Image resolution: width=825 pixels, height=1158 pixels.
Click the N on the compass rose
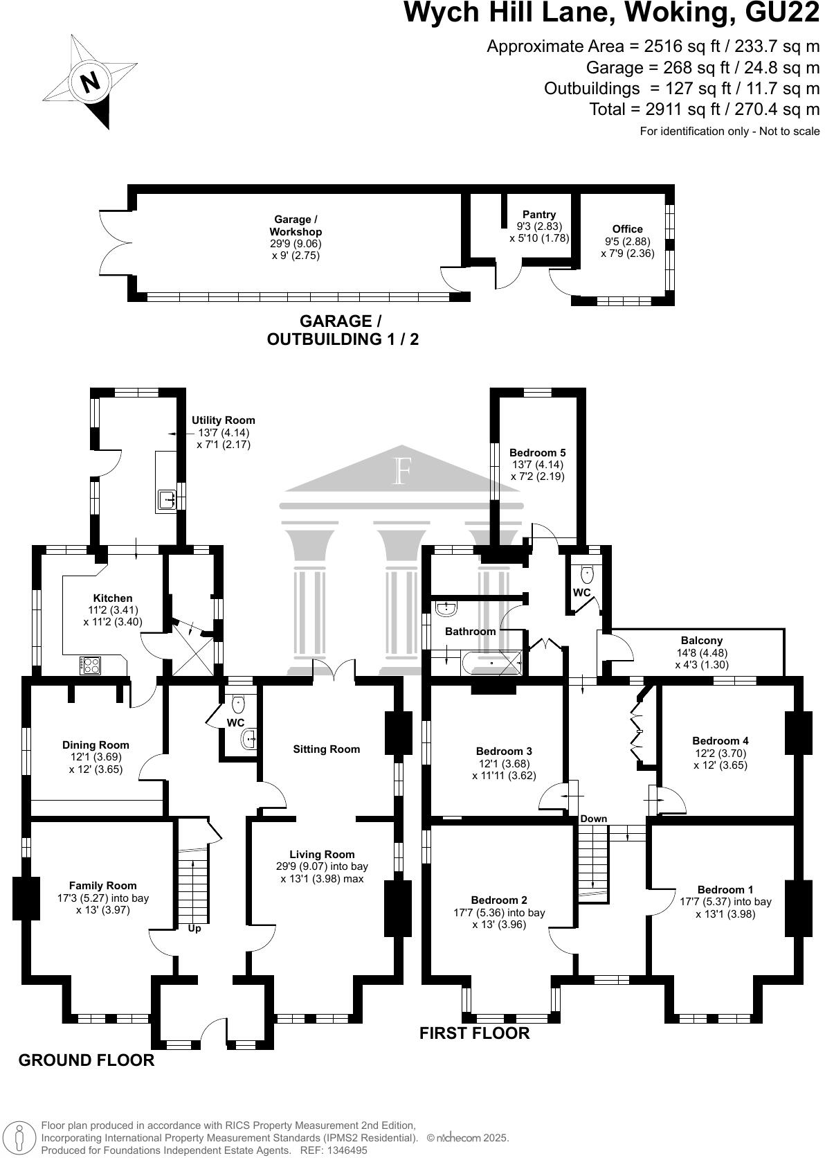pos(91,81)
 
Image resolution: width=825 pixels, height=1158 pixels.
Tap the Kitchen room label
pos(113,598)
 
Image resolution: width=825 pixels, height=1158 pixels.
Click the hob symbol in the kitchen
pos(90,665)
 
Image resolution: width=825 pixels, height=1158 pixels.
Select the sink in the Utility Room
pos(166,501)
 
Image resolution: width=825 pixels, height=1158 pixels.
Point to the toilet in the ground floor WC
pos(238,704)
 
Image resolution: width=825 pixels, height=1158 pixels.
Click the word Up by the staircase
pos(194,929)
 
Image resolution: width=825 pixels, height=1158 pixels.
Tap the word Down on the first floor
pos(594,819)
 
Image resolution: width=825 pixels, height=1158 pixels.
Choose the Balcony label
pos(702,641)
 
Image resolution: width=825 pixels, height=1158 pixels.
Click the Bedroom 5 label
pos(537,452)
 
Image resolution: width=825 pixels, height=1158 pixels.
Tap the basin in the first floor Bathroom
pos(445,609)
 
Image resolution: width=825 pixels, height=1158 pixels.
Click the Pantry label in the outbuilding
pos(538,215)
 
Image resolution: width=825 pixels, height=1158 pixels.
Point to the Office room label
pos(627,229)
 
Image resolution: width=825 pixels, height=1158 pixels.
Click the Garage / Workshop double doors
pos(116,242)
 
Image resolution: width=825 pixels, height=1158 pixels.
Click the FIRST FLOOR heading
pos(474,1033)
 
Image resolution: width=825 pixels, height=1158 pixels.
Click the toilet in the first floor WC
pos(588,573)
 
